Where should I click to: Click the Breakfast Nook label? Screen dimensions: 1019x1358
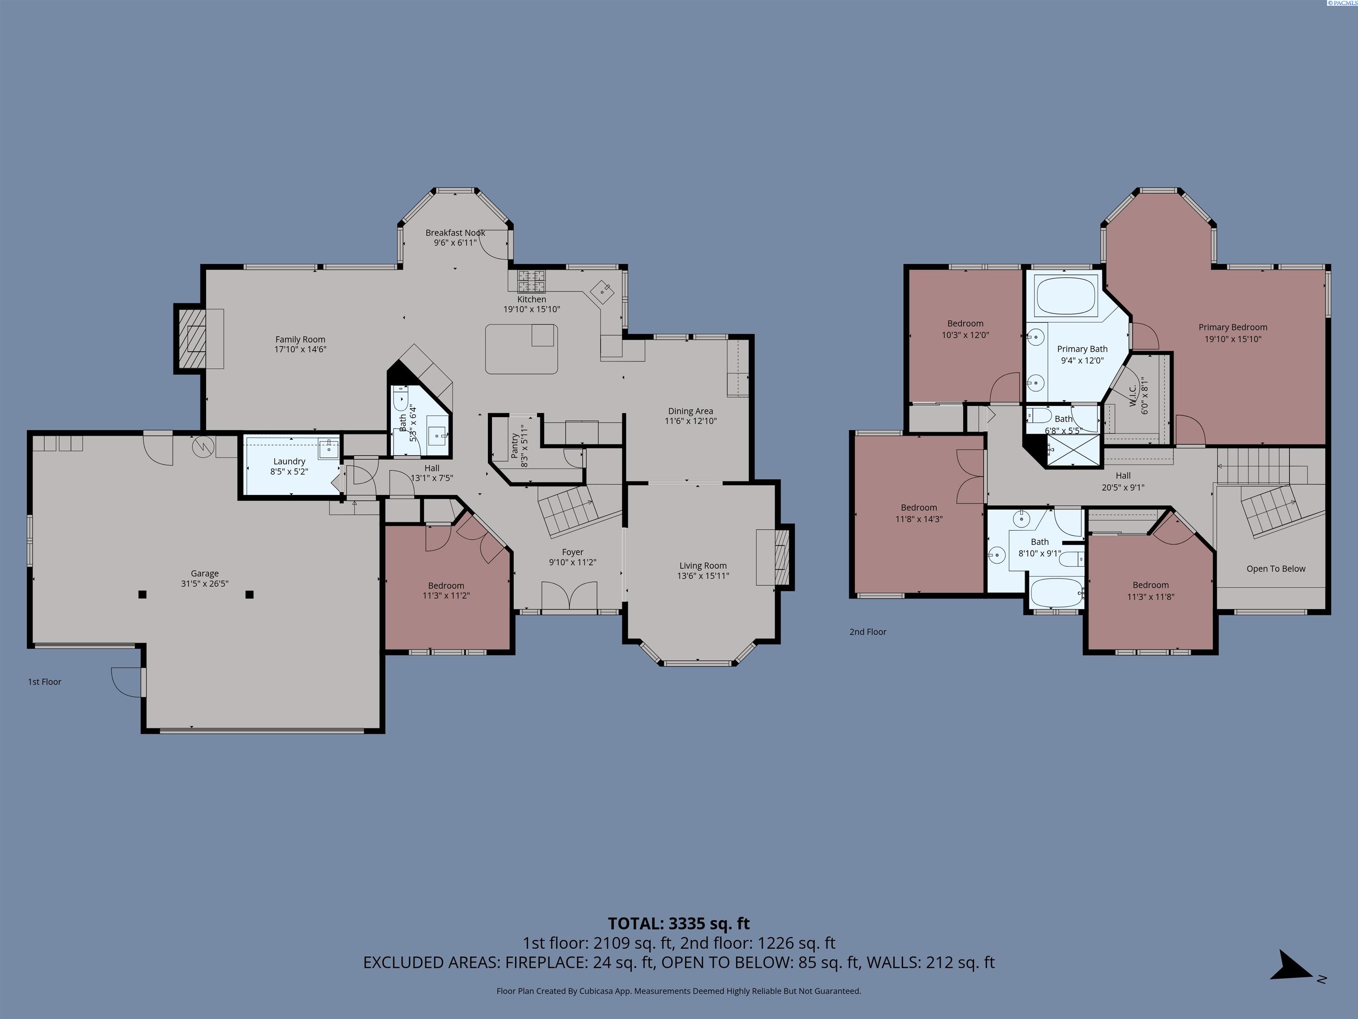(455, 233)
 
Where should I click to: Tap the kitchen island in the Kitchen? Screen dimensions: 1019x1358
(521, 349)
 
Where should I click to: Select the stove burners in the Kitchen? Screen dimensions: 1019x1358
(531, 281)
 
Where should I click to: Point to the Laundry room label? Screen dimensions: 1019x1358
(289, 461)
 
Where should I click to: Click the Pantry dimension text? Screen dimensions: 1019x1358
(524, 447)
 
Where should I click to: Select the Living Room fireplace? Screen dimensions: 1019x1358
(781, 557)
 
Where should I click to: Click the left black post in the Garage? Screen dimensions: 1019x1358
(142, 594)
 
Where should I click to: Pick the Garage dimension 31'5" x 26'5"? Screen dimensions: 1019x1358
(204, 583)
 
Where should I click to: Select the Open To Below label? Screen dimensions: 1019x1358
(1276, 569)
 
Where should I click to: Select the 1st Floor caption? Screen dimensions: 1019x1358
(44, 682)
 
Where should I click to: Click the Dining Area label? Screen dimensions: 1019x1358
(690, 411)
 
